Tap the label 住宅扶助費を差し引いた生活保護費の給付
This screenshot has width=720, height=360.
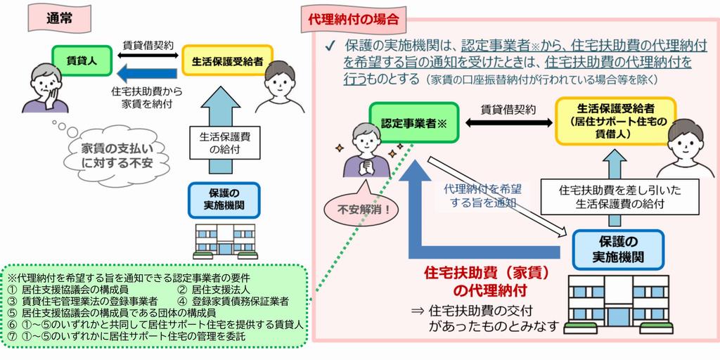point(609,197)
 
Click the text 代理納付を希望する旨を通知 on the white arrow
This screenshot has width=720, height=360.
point(480,195)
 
